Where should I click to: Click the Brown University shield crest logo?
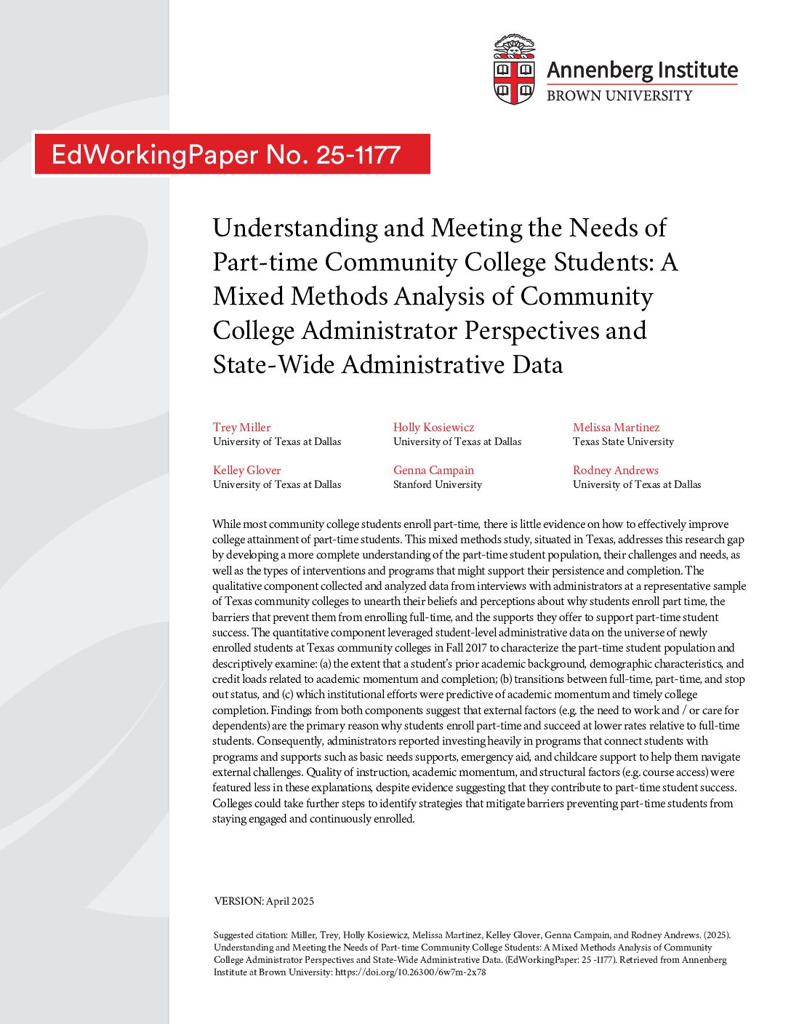coord(514,70)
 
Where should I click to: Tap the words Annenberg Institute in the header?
coord(642,70)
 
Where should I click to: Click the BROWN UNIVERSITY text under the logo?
coord(619,95)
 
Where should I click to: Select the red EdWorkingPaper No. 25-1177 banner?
coord(231,154)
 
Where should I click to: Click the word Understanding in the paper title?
coord(295,228)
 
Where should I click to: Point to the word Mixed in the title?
coord(248,297)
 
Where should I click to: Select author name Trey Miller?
coord(241,427)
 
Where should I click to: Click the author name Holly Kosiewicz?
coord(433,427)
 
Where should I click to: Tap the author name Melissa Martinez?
coord(616,427)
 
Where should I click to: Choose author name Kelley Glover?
coord(246,470)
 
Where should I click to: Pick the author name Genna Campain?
coord(433,470)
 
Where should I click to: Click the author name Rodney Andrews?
coord(615,470)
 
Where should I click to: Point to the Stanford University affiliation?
coord(437,484)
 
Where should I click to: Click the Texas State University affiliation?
coord(623,441)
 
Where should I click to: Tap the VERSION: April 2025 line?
coord(264,901)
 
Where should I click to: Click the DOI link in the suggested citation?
coord(410,972)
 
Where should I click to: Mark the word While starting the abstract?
coord(226,524)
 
